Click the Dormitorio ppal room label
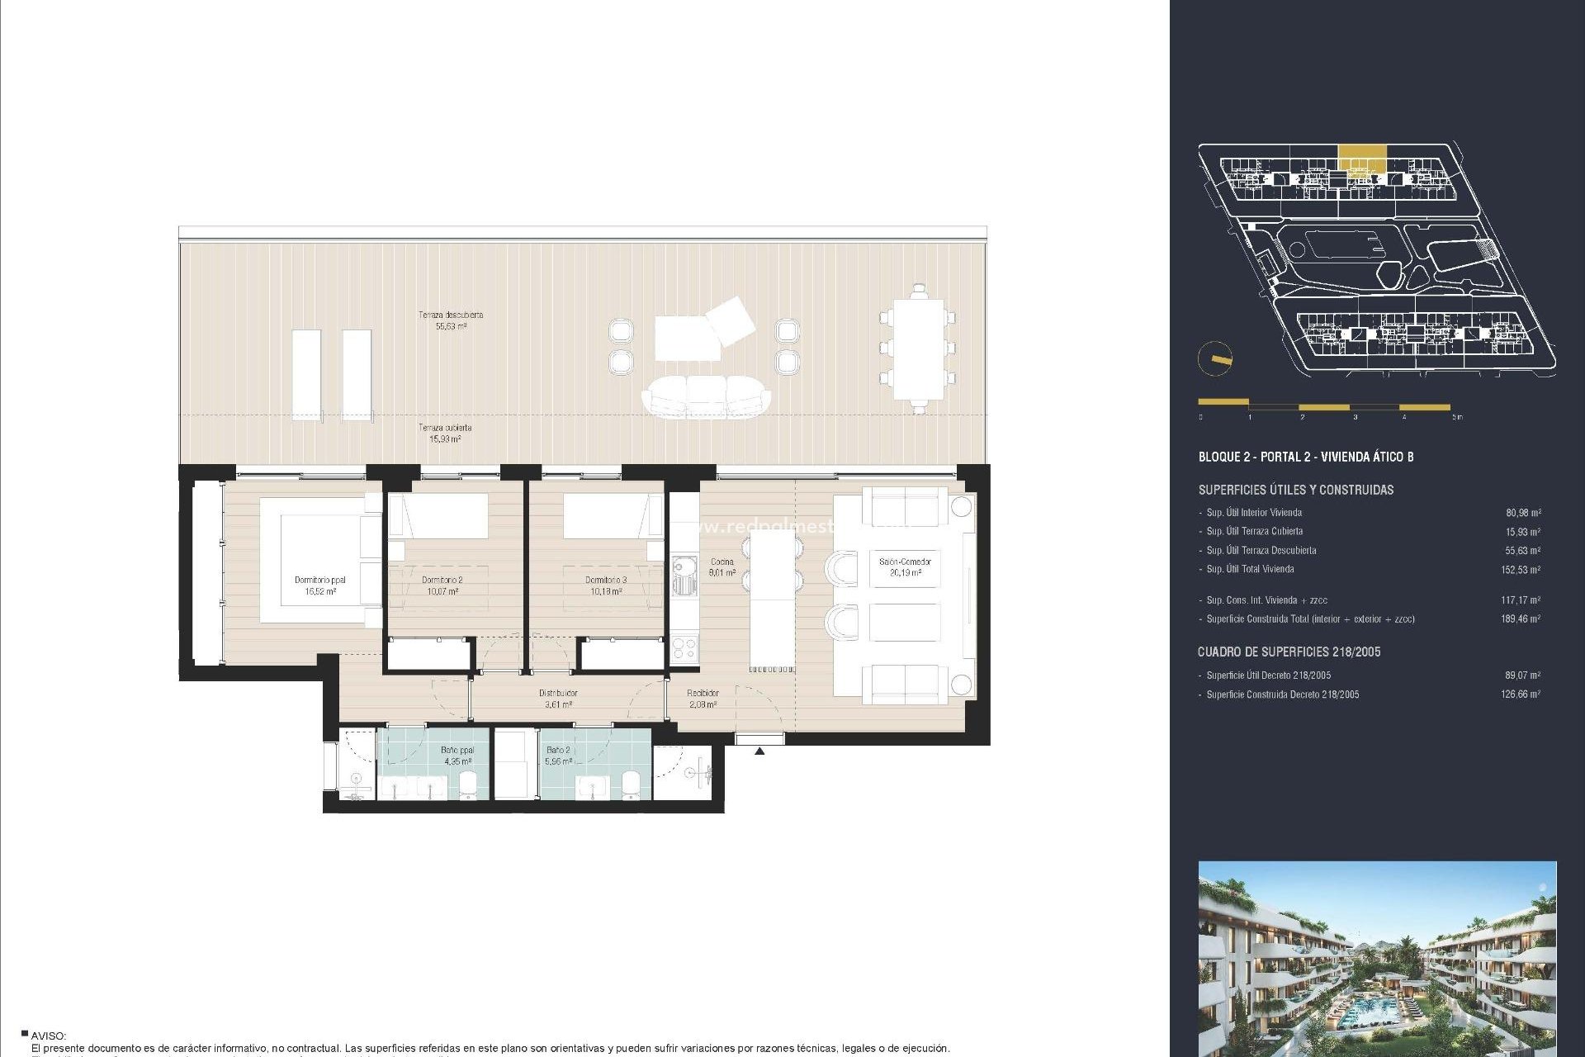pos(319,585)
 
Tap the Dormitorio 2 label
pos(442,585)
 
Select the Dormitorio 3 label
pos(606,585)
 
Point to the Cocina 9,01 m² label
pos(722,567)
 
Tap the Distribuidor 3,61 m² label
pos(558,699)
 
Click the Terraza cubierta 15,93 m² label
pos(445,434)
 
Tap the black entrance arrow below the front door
pos(759,751)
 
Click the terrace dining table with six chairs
pos(918,348)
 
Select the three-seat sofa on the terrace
pos(706,396)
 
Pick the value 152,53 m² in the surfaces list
pos(1520,570)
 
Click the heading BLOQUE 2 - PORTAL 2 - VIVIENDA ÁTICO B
pos(1305,457)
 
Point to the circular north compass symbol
pos(1215,359)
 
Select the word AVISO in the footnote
pos(49,1036)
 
